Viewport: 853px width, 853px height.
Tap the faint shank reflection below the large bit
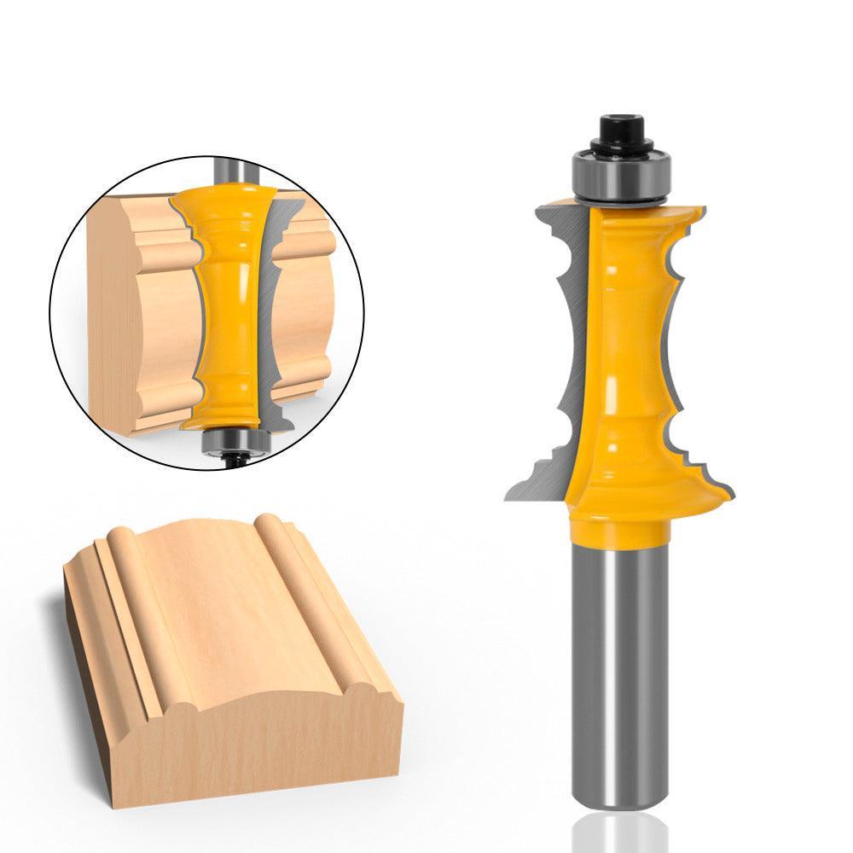(x=616, y=832)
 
